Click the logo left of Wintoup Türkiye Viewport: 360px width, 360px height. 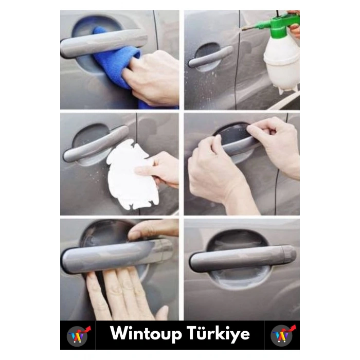pos(78,336)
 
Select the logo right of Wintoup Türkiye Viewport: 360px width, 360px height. pos(283,335)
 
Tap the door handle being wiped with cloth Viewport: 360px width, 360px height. pos(103,43)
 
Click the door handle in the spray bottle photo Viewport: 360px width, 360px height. pos(210,56)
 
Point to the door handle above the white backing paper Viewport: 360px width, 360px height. pos(96,143)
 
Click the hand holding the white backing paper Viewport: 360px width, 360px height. pos(158,169)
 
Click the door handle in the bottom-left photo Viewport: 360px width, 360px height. pos(117,256)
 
